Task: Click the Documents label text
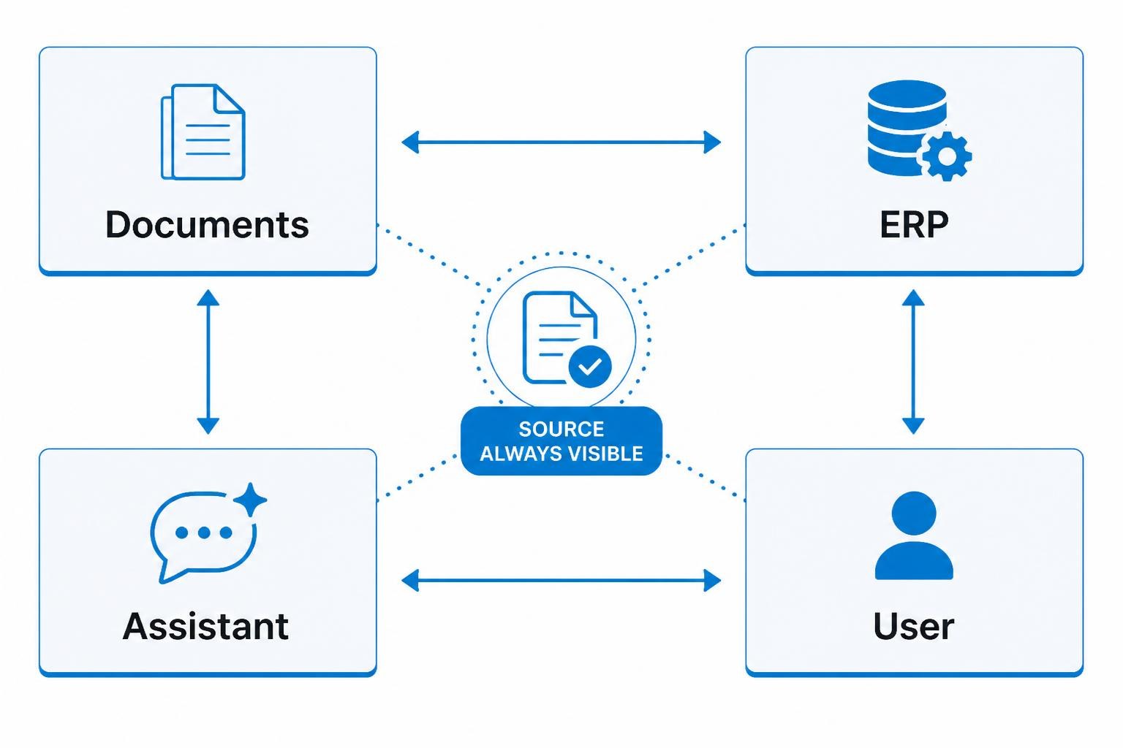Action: [x=207, y=224]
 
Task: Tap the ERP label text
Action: [x=914, y=224]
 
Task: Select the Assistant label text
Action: [x=205, y=626]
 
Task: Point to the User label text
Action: [x=913, y=626]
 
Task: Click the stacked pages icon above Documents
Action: [x=203, y=131]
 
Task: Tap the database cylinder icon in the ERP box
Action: [x=907, y=128]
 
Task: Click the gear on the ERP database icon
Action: [x=947, y=156]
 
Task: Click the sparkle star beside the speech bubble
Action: [x=250, y=500]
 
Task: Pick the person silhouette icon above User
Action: [x=914, y=535]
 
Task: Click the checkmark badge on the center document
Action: [x=590, y=367]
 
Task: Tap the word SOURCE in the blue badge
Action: [x=561, y=430]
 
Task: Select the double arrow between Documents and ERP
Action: [x=561, y=142]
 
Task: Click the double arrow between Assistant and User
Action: [x=561, y=580]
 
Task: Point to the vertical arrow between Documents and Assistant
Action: [x=208, y=362]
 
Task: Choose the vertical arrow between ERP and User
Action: [x=913, y=362]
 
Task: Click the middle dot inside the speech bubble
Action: [x=204, y=533]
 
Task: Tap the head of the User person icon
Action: [x=914, y=513]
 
